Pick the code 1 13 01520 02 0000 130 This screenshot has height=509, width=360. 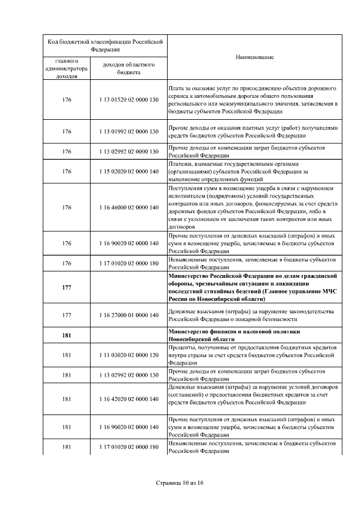pos(129,100)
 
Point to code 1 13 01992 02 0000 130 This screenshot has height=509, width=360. pos(129,132)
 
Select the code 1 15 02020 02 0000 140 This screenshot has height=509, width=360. pos(129,172)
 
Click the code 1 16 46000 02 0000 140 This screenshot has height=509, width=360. pos(129,207)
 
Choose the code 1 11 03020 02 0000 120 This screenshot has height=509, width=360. pos(129,355)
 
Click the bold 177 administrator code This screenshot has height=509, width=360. pos(67,287)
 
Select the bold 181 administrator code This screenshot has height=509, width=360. pos(67,335)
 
